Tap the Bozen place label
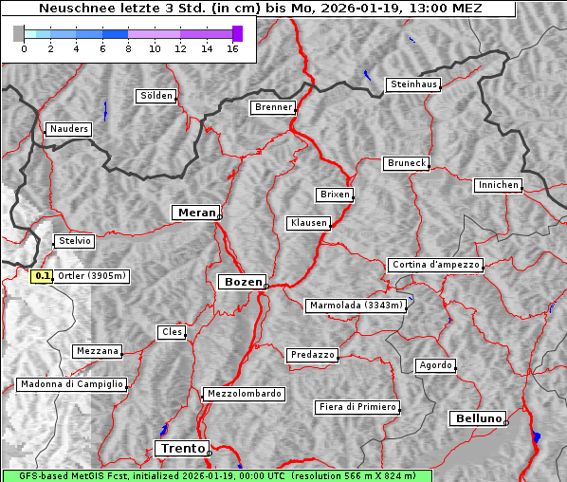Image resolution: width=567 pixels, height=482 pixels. pyautogui.click(x=242, y=282)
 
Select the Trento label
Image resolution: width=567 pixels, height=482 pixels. pyautogui.click(x=181, y=448)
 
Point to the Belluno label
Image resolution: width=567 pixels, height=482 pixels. pyautogui.click(x=477, y=417)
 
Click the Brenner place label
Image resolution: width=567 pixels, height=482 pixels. pyautogui.click(x=273, y=107)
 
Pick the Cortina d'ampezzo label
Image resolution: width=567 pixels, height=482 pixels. pyautogui.click(x=435, y=265)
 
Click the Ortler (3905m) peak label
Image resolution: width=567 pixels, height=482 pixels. pyautogui.click(x=92, y=276)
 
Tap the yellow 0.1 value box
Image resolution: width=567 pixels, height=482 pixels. pyautogui.click(x=42, y=276)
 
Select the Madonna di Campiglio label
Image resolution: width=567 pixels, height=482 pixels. pyautogui.click(x=71, y=384)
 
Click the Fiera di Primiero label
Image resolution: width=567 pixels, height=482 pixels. pyautogui.click(x=357, y=407)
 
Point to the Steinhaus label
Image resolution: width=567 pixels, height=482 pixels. pyautogui.click(x=413, y=84)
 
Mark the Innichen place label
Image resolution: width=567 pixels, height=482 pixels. pyautogui.click(x=498, y=185)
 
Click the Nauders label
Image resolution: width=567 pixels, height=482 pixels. pyautogui.click(x=68, y=129)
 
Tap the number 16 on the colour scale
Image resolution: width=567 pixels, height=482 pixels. pyautogui.click(x=231, y=48)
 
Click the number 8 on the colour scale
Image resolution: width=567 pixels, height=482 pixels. pyautogui.click(x=128, y=48)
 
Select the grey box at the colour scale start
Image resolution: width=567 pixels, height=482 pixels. pyautogui.click(x=19, y=33)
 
